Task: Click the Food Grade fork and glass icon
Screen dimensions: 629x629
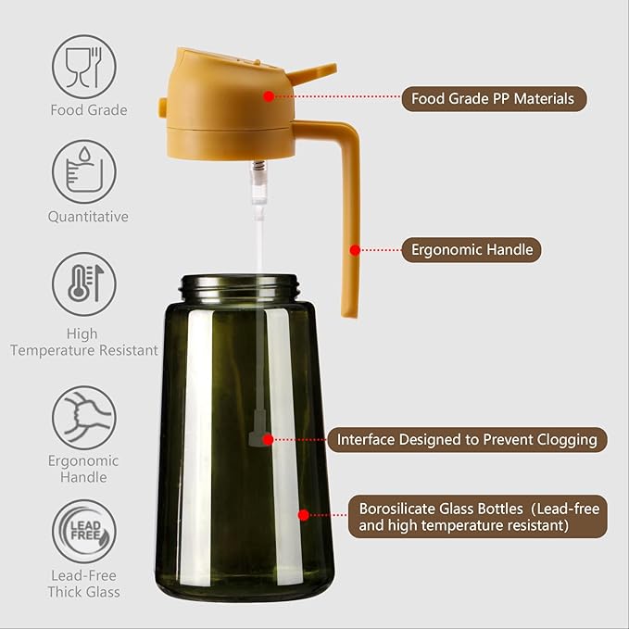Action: pyautogui.click(x=83, y=66)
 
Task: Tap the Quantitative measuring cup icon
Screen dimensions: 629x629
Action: pyautogui.click(x=83, y=171)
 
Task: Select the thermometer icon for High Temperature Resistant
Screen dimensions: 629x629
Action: pyautogui.click(x=83, y=284)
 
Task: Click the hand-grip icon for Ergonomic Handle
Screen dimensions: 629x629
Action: pyautogui.click(x=83, y=417)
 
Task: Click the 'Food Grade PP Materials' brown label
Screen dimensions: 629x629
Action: pyautogui.click(x=494, y=98)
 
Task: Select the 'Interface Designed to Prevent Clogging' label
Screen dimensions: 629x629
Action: pyautogui.click(x=468, y=439)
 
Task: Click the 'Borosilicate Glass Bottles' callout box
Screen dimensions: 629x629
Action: pyautogui.click(x=478, y=517)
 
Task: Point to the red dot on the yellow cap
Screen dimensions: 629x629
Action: pyautogui.click(x=268, y=95)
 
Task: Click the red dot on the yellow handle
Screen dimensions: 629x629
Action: pyautogui.click(x=354, y=249)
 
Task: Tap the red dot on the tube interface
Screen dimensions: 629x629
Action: pyautogui.click(x=268, y=439)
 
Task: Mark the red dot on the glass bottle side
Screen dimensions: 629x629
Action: pyautogui.click(x=302, y=514)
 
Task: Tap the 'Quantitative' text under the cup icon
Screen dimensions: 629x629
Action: pyautogui.click(x=88, y=217)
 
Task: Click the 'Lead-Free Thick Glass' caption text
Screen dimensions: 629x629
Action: pyautogui.click(x=84, y=584)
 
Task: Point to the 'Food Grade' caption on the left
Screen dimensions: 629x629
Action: pyautogui.click(x=88, y=110)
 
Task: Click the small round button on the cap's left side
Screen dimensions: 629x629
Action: pyautogui.click(x=163, y=107)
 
